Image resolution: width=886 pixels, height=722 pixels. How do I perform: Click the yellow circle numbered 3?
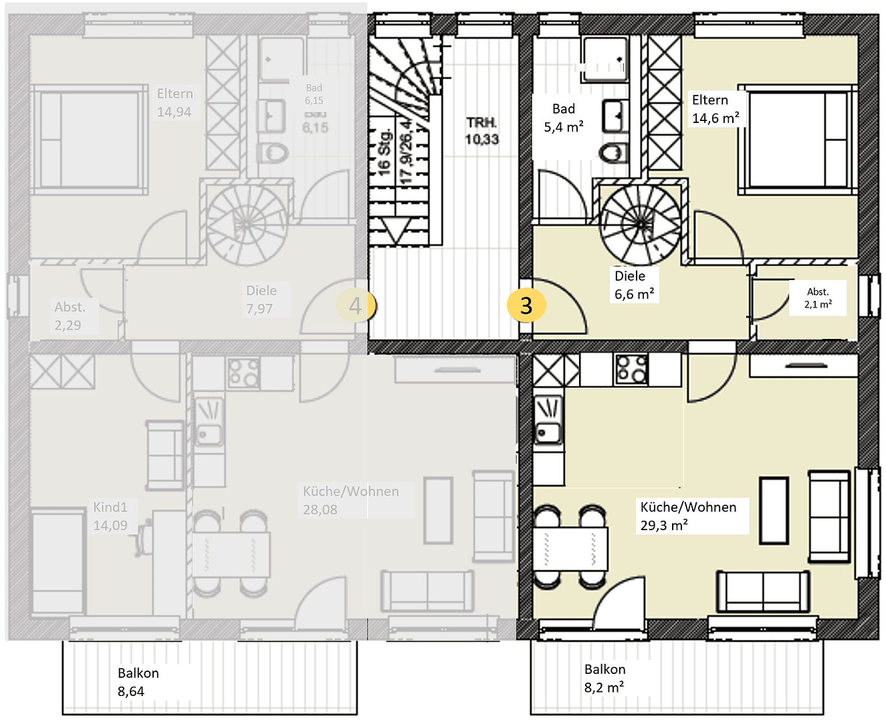click(x=526, y=306)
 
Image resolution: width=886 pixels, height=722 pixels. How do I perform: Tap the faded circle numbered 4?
click(x=356, y=306)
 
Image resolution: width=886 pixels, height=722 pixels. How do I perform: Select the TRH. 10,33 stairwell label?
click(x=482, y=131)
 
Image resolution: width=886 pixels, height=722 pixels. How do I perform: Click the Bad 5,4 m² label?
click(x=564, y=118)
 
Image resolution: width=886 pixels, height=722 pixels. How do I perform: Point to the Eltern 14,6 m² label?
click(x=715, y=109)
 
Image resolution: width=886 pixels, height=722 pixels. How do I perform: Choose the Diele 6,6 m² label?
click(x=634, y=285)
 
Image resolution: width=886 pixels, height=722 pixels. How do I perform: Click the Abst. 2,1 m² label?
click(x=818, y=297)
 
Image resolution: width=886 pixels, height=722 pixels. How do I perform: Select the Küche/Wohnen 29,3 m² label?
click(x=689, y=516)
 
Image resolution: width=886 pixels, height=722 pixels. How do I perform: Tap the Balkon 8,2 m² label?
click(x=605, y=678)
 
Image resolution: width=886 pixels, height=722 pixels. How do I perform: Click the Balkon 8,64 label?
click(x=138, y=682)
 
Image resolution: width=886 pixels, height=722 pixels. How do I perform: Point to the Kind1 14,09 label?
click(x=110, y=516)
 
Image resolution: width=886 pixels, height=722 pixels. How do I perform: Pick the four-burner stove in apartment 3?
click(x=631, y=370)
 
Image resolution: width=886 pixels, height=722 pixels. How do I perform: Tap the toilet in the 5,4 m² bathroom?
click(x=614, y=152)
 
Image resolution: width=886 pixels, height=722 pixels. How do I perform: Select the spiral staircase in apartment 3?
click(x=641, y=225)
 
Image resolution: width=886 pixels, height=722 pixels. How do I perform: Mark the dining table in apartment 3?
click(x=570, y=548)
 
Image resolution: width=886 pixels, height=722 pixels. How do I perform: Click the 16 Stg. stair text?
click(x=384, y=153)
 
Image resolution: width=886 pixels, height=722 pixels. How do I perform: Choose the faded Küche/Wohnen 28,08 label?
click(x=350, y=500)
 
